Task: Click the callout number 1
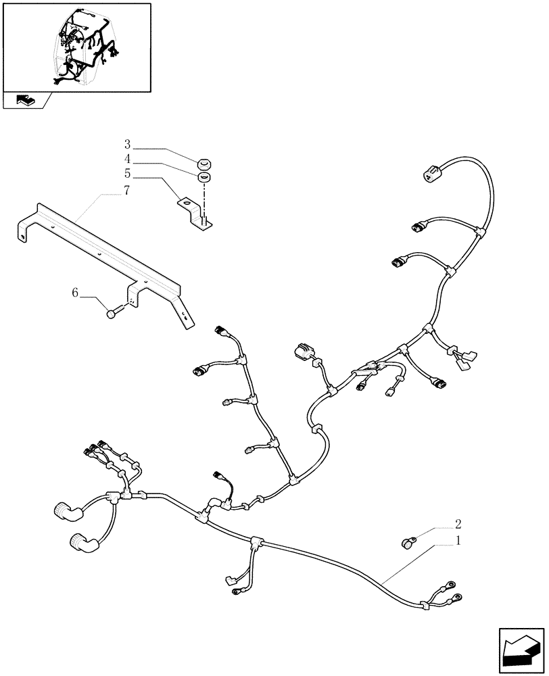click(x=458, y=541)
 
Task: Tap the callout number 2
click(x=458, y=523)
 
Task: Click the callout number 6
click(x=76, y=292)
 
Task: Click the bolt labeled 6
click(x=114, y=312)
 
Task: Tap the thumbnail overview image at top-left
click(x=76, y=47)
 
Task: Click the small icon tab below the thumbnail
click(x=24, y=101)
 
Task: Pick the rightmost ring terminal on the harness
click(x=458, y=598)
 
